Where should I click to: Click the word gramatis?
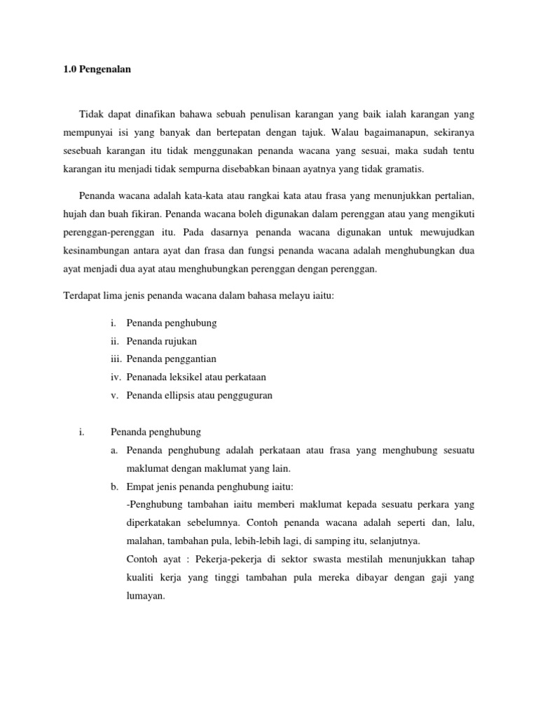405,170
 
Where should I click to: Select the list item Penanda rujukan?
162,341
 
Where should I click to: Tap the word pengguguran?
244,396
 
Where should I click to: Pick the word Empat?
139,487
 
